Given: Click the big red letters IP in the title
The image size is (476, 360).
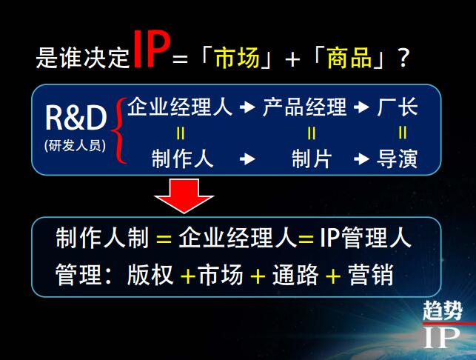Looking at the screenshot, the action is pos(151,49).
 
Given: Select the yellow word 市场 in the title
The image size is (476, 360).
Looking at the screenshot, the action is pos(238,58).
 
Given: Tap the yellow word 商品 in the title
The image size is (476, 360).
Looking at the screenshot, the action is pos(349,58).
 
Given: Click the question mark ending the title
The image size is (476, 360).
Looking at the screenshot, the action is pos(403,58).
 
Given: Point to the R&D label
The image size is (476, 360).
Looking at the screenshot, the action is pos(76,118).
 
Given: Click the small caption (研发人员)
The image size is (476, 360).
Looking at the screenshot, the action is pos(75,145).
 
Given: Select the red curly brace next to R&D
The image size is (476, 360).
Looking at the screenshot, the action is pos(119,130).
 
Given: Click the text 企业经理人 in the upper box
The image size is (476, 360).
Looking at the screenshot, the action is pos(180,107).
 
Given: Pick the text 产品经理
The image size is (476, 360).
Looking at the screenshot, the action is pos(304,107).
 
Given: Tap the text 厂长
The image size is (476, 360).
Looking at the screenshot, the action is pos(398,107).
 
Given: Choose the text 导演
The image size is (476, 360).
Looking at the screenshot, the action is pos(398,159).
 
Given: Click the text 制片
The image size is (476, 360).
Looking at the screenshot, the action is pos(312,159).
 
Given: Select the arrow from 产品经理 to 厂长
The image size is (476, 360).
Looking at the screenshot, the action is pos(361,107).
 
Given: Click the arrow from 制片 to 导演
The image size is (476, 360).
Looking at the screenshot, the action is pos(361,159).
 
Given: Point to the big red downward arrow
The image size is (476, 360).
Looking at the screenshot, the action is pos(184,196).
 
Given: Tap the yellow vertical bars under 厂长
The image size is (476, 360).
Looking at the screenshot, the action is pos(402,133).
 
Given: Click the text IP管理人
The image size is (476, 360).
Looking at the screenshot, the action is pos(366,238).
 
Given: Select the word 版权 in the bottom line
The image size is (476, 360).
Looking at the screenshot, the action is pos(150,274).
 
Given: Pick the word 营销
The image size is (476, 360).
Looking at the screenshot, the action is pos(371,274).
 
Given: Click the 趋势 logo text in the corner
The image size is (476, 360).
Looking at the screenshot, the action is pos(443,310).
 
